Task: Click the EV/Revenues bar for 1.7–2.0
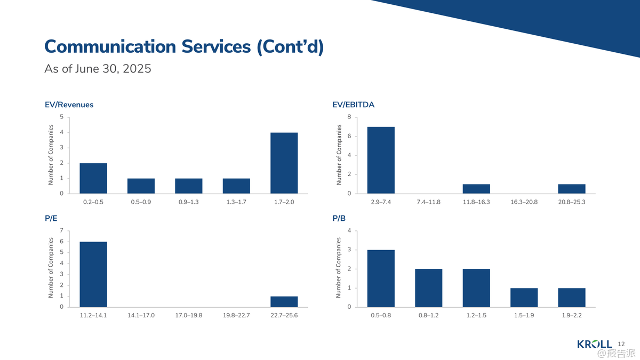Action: [284, 163]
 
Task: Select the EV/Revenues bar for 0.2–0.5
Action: [93, 178]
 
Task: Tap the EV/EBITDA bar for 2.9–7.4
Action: [381, 160]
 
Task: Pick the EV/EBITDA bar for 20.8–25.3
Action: [572, 189]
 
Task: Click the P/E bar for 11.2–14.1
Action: [93, 274]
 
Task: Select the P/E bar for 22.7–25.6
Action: [284, 301]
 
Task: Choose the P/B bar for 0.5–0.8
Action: [381, 278]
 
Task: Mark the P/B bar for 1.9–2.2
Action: [572, 298]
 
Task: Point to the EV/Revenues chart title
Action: [69, 105]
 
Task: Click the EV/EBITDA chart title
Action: [353, 105]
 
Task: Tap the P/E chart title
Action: [51, 218]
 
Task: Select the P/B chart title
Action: [339, 218]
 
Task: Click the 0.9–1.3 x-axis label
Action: [189, 202]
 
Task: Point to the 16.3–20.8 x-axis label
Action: [524, 202]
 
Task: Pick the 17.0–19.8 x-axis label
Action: [189, 316]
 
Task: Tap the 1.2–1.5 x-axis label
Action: [476, 316]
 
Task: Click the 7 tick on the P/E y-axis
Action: [62, 231]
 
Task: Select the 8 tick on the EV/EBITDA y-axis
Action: [349, 117]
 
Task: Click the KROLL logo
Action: [595, 345]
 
